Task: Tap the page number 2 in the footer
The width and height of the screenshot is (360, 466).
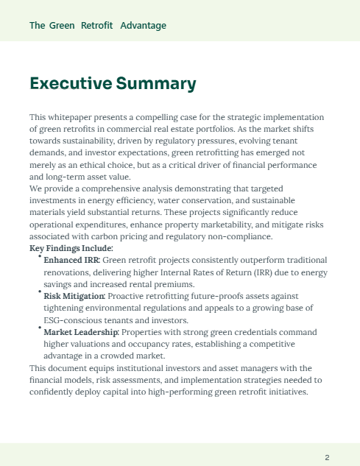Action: coord(327,458)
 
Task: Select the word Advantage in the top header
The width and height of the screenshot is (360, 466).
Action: coord(143,26)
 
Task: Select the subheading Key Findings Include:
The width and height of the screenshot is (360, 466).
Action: coord(66,248)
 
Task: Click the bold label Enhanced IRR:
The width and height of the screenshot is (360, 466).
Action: coord(71,260)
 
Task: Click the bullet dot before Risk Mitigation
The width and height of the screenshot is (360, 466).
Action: coord(40,292)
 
